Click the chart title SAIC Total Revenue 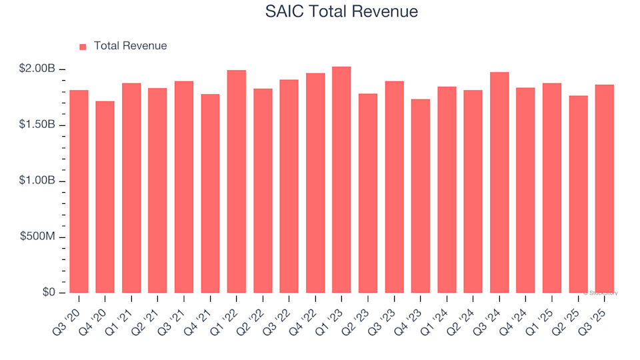(341, 12)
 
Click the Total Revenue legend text (130, 46)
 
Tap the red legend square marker (83, 47)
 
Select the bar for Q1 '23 (341, 180)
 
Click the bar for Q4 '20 (105, 197)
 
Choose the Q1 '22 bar (236, 181)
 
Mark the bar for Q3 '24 (499, 183)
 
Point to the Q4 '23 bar (421, 196)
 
